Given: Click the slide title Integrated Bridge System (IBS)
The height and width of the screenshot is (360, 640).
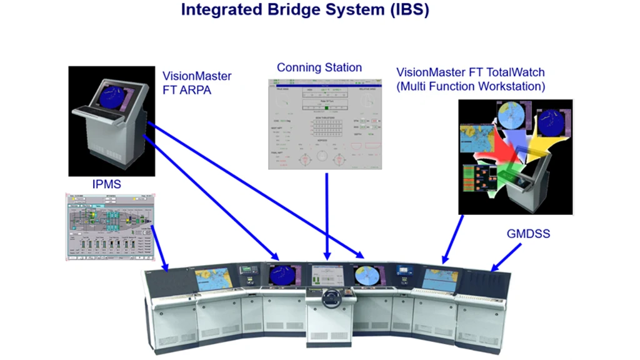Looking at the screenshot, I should point(304,11).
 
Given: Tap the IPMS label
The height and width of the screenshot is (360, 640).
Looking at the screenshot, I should point(106,184).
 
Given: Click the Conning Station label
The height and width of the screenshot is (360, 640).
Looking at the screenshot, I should point(319,67).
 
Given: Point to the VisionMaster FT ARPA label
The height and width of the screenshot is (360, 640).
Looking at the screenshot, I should point(197,82).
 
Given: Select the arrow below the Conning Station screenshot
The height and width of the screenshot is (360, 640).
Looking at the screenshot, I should point(327,216).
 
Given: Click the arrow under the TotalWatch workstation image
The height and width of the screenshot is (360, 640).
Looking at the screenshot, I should point(453,239).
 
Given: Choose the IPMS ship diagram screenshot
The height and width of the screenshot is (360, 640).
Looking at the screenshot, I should point(110,226).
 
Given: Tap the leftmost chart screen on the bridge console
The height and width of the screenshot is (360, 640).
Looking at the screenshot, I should point(214,279).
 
